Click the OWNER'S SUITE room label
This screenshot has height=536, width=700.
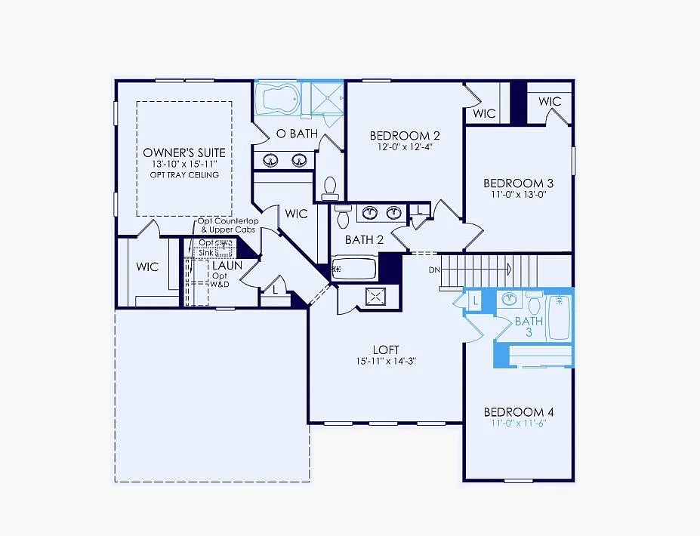pos(184,152)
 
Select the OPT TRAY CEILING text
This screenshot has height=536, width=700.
pos(184,175)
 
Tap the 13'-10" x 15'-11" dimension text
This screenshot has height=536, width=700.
pos(184,164)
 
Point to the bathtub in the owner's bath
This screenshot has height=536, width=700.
pos(277,98)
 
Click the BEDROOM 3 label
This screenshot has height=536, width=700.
pos(519,183)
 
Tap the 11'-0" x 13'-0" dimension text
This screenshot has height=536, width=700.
pos(519,194)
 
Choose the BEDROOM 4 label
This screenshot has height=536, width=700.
pos(519,412)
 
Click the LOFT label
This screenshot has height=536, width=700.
pos(385,350)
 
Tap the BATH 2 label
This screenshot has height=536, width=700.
pos(365,240)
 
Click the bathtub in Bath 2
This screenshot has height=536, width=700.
pos(355,268)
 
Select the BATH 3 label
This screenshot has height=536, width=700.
pos(529,326)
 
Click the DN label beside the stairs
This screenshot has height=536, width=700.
pos(434,270)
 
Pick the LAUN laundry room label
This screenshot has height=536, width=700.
pos(227,266)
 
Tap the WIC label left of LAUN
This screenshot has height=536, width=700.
pos(147,266)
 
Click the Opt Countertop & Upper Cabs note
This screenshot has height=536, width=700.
pos(228,225)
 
